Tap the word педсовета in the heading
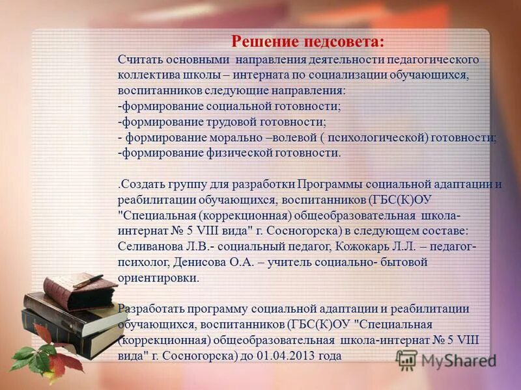point(346,42)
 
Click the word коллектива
point(147,75)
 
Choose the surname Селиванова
point(150,246)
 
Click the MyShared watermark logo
point(447,359)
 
